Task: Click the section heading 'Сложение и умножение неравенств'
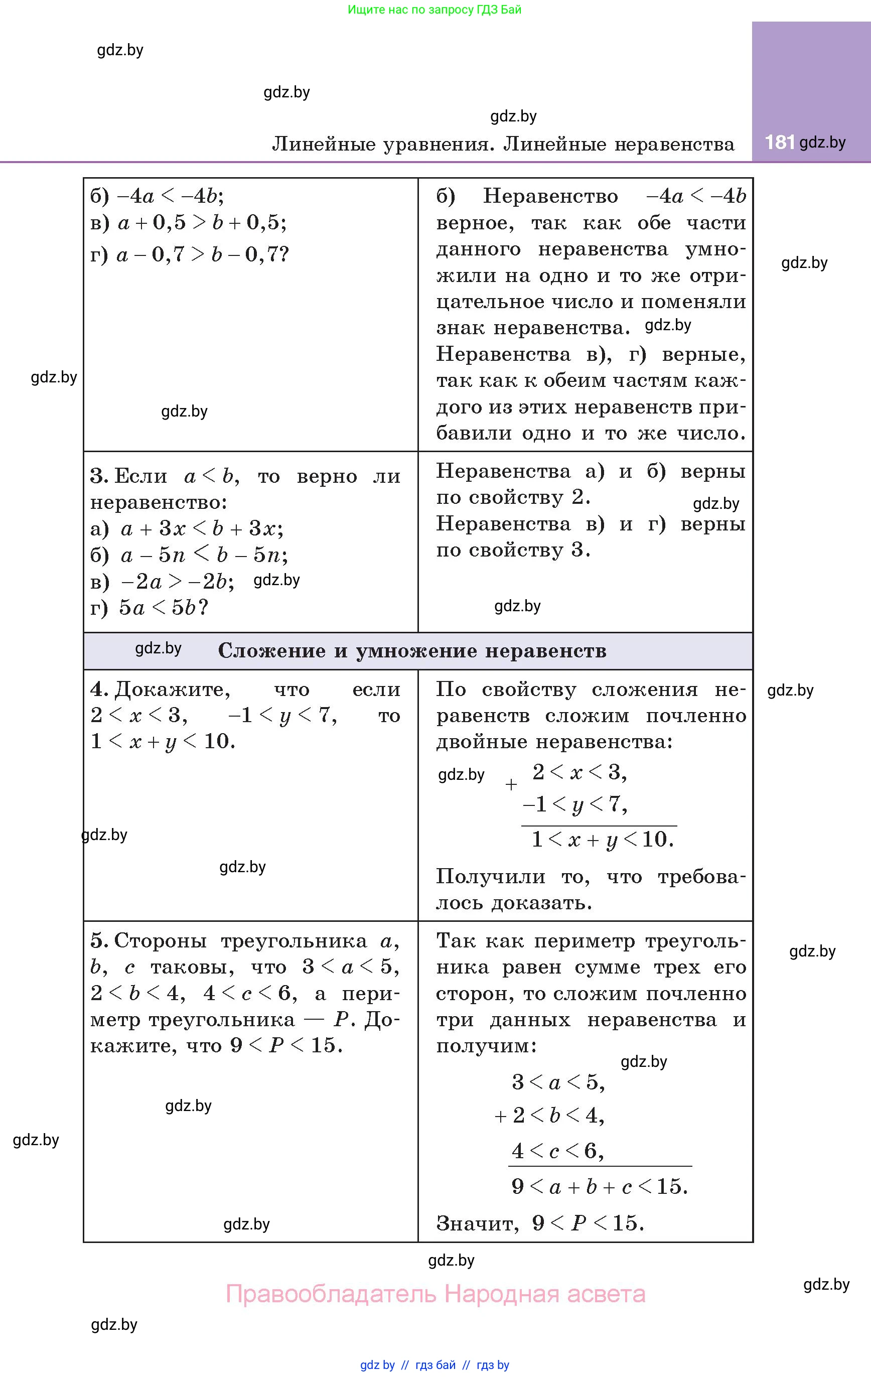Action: (x=412, y=651)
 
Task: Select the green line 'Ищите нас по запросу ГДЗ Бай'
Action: (x=434, y=10)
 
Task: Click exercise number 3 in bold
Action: (x=98, y=476)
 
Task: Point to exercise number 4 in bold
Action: (x=98, y=690)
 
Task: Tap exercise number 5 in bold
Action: (x=98, y=941)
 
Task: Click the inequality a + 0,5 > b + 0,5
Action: (x=201, y=223)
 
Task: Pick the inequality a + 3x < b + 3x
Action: (x=201, y=529)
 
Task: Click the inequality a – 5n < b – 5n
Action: (x=204, y=555)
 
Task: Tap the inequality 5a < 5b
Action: (x=163, y=608)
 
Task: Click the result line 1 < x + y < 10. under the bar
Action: (x=603, y=840)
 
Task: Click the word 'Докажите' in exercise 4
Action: (x=172, y=690)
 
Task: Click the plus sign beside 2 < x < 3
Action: (x=511, y=784)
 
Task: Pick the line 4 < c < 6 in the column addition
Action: (x=557, y=1151)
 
